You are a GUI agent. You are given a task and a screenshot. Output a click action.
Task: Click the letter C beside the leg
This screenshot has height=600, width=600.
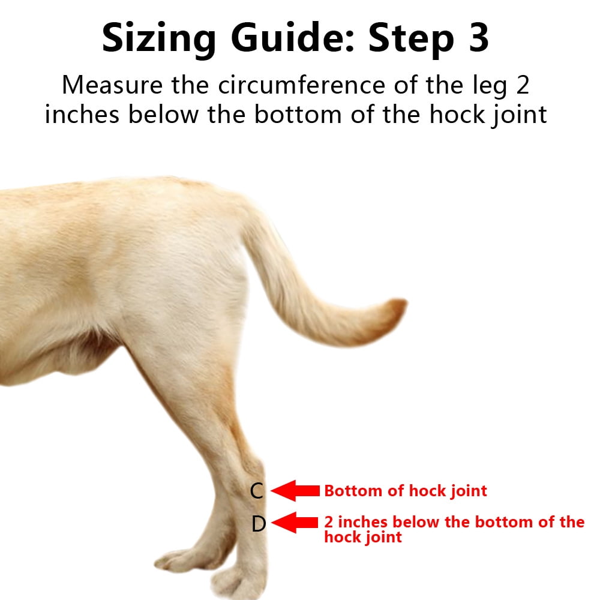pyautogui.click(x=257, y=491)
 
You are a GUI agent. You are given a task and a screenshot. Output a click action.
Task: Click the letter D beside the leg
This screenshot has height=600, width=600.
pyautogui.click(x=259, y=524)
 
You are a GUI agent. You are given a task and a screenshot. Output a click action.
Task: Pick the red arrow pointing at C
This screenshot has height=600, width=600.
pyautogui.click(x=295, y=491)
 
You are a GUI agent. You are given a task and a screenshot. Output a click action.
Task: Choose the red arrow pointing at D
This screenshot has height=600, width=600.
pyautogui.click(x=295, y=523)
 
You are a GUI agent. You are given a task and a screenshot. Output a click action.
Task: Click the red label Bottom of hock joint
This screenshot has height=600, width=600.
pyautogui.click(x=406, y=491)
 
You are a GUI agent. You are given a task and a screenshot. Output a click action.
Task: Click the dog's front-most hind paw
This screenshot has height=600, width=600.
pyautogui.click(x=240, y=579)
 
